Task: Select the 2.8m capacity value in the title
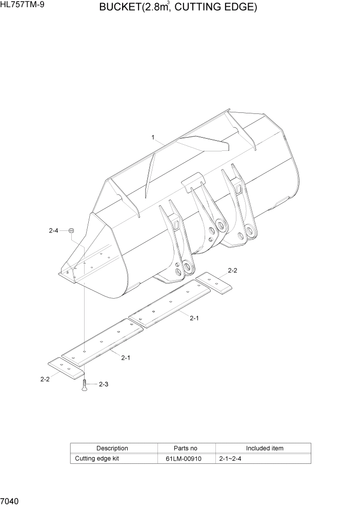click(161, 8)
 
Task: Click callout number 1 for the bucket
click(153, 137)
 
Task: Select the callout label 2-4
click(54, 231)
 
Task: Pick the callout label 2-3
click(103, 384)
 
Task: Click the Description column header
click(112, 448)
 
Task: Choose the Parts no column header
click(186, 448)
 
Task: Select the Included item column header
click(265, 448)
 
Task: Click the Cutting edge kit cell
click(97, 458)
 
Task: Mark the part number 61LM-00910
click(186, 458)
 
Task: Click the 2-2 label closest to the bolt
click(45, 379)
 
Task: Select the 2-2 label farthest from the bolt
click(232, 270)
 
